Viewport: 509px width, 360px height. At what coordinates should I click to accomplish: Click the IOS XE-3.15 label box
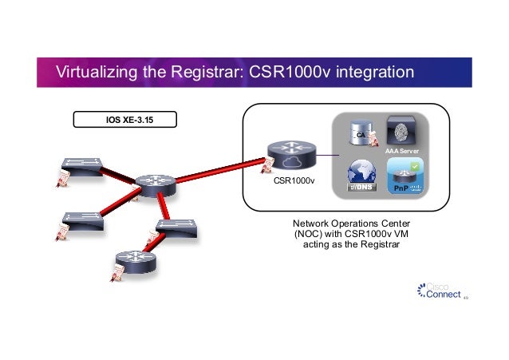click(x=125, y=121)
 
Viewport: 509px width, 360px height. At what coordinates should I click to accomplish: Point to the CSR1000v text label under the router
click(x=294, y=181)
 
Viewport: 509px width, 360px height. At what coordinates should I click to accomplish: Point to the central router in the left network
click(x=154, y=184)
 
